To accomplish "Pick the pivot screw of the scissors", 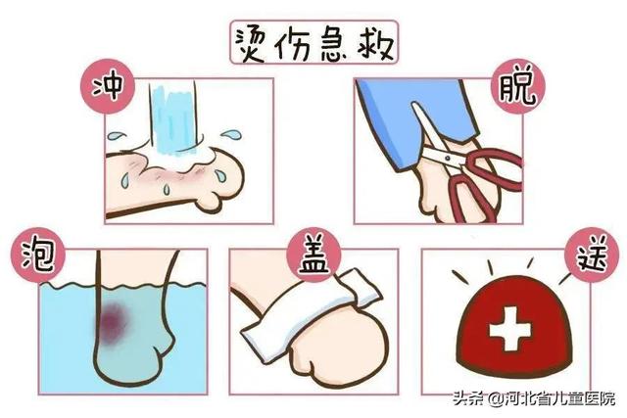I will [447, 156].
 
